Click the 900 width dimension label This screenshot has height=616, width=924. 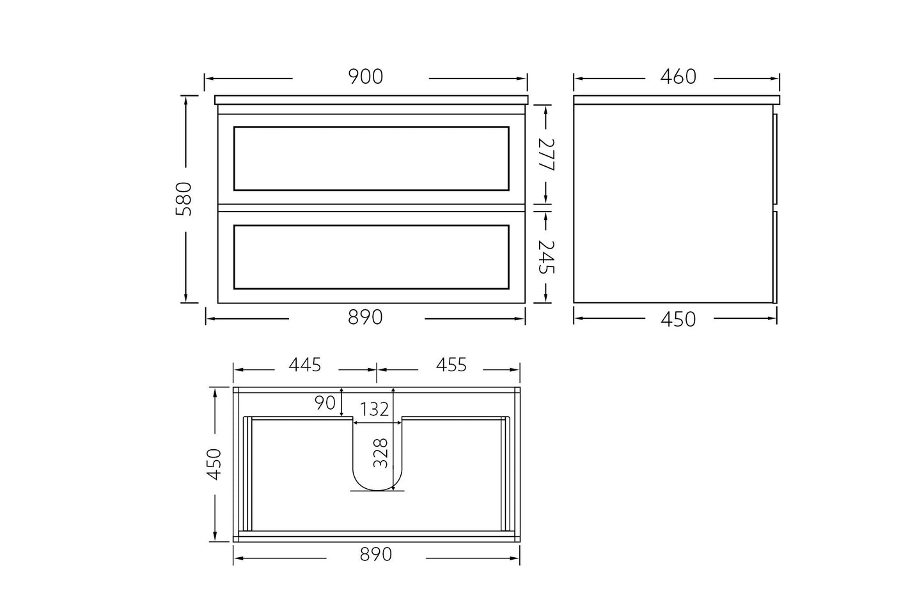(365, 77)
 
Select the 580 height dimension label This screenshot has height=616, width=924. (184, 199)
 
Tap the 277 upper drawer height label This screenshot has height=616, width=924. (546, 155)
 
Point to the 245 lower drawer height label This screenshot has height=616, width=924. (546, 257)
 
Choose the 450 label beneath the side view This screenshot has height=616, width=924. (677, 319)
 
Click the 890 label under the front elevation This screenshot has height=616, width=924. (365, 317)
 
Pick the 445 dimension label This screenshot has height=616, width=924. (304, 365)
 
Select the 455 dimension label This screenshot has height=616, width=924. (451, 365)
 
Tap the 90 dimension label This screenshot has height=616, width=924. (325, 403)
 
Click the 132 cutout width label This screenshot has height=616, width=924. (374, 409)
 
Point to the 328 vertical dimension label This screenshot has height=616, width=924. (381, 453)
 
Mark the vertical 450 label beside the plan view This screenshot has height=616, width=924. (214, 464)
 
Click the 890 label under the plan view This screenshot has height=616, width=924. (375, 554)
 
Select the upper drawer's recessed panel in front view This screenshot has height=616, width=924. (371, 158)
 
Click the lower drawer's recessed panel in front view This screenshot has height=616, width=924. (371, 257)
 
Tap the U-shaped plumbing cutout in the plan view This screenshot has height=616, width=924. (377, 460)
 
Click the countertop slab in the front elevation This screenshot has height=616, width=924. (371, 100)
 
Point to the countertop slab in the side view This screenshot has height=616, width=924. (677, 100)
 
